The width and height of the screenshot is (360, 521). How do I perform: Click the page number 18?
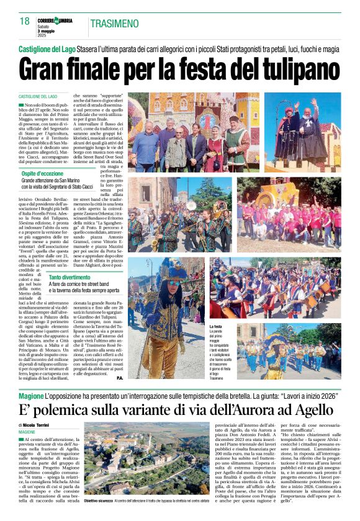pos(24,21)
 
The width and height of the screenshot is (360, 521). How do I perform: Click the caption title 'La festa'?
pos(216,326)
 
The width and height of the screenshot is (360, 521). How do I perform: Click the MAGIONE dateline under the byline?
pos(27,432)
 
